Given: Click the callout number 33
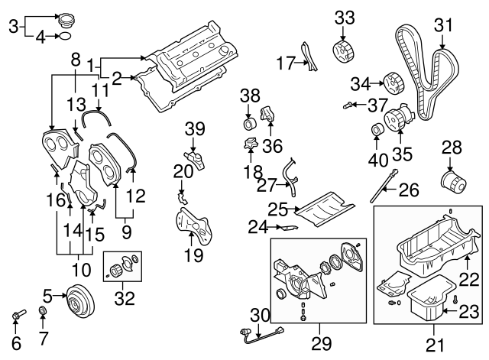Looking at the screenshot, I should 345,16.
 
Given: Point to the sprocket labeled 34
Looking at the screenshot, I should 392,81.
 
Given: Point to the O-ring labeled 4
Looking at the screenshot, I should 65,35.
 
